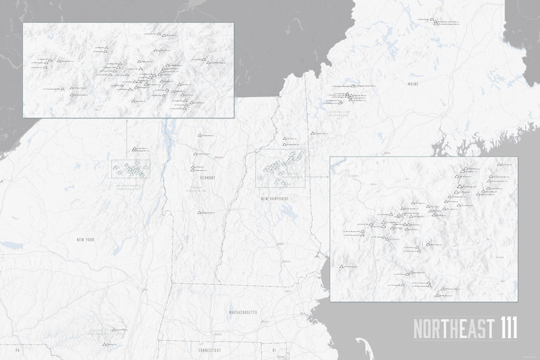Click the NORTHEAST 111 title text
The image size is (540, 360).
point(465,328)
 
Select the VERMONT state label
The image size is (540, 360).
point(208,178)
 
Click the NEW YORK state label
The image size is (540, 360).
point(85,240)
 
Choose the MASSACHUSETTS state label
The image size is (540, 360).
point(243,312)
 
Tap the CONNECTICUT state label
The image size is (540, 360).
point(209,350)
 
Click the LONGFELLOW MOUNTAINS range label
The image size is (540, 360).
point(338,114)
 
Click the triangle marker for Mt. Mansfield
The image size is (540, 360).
point(199,135)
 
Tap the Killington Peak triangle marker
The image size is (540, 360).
point(199,213)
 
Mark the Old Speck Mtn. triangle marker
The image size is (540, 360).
point(312,134)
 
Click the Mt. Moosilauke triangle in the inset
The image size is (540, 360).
point(341,266)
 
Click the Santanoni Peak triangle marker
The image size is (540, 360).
point(72,95)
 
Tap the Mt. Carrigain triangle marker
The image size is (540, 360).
point(427,244)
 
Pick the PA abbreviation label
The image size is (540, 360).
point(17,350)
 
